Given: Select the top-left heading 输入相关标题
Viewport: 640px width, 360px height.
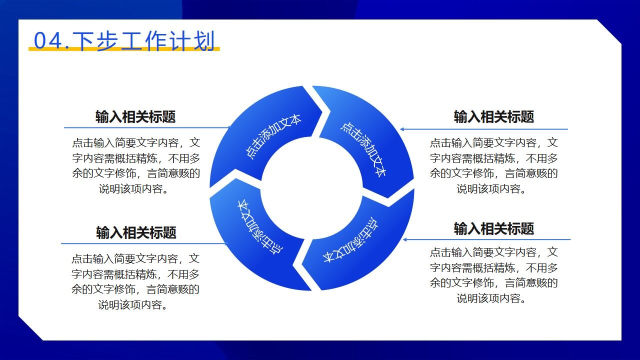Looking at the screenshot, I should (x=135, y=117).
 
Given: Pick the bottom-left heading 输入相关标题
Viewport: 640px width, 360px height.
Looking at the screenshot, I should (x=136, y=232).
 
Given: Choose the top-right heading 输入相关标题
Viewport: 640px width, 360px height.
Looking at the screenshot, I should (x=493, y=117).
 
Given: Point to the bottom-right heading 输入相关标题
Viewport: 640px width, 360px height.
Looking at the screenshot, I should (x=493, y=228).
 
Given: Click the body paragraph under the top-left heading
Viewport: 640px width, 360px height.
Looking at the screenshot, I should (x=135, y=166).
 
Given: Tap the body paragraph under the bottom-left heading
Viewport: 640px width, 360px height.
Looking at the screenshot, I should (x=135, y=281).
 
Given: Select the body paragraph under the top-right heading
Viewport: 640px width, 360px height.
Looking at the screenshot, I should (x=493, y=166).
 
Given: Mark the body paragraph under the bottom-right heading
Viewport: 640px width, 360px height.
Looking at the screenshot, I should (x=493, y=275).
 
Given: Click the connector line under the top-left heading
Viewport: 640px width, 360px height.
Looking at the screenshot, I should (x=145, y=127).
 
